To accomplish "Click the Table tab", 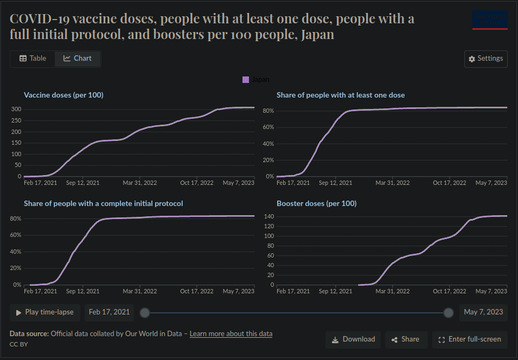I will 33,59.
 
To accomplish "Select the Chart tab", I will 78,59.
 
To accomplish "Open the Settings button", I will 485,59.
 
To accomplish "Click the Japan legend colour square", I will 246,80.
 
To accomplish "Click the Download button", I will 353,339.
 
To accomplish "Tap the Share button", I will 406,339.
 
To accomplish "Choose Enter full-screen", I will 469,339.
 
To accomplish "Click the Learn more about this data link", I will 231,333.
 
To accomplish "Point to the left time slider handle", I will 144,312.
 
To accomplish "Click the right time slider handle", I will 449,312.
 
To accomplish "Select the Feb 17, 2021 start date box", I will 109,312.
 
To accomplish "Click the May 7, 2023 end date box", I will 483,312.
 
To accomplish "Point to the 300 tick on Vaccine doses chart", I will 16,110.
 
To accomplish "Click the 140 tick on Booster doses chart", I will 268,216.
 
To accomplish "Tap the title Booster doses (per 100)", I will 316,203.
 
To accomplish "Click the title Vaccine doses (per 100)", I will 63,95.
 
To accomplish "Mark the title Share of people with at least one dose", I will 341,95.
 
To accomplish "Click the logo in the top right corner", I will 490,20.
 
